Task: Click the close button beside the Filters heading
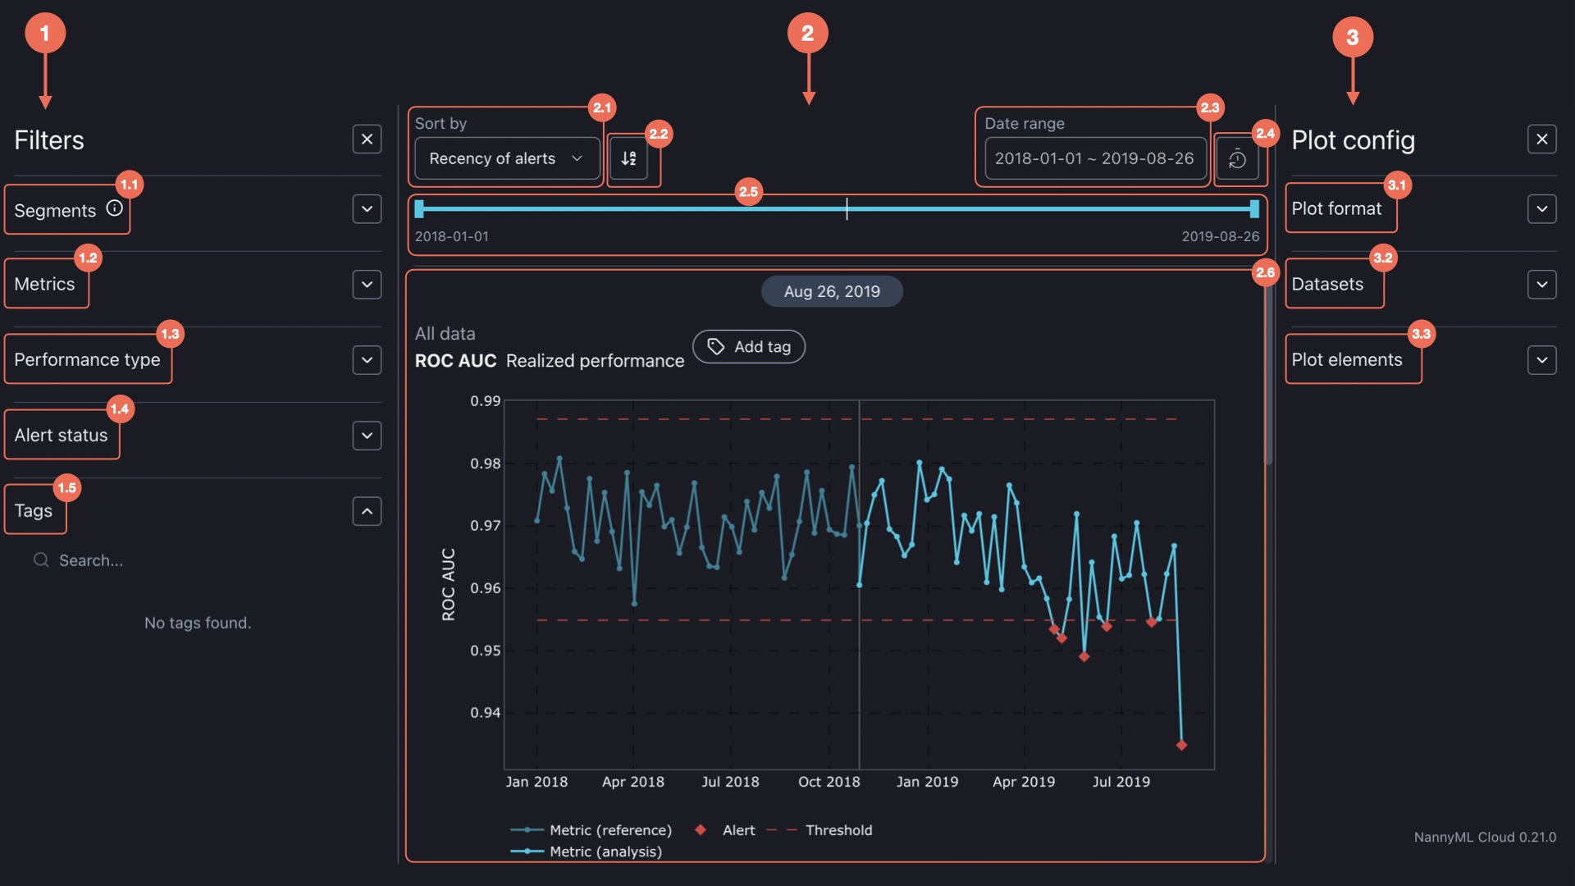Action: tap(367, 139)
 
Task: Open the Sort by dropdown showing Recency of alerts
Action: tap(506, 158)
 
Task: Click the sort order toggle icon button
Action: tap(629, 158)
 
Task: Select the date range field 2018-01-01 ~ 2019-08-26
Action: tap(1094, 158)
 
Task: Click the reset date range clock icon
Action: tap(1237, 159)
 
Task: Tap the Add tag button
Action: tap(749, 347)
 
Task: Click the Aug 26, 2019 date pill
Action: tap(832, 291)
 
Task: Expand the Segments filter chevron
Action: tap(367, 209)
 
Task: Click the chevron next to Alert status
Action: tap(367, 436)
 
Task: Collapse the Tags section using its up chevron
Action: tap(367, 511)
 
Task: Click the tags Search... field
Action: tap(90, 560)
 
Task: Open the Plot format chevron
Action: tap(1542, 209)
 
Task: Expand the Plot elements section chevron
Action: tap(1542, 360)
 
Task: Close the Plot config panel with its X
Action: tap(1542, 139)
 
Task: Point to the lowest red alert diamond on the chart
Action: tap(1181, 745)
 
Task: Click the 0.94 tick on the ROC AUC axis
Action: tap(485, 713)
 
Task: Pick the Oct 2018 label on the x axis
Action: tap(829, 782)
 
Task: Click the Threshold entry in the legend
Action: tap(838, 830)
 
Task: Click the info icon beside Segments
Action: tap(115, 208)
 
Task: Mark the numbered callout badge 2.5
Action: tap(748, 192)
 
